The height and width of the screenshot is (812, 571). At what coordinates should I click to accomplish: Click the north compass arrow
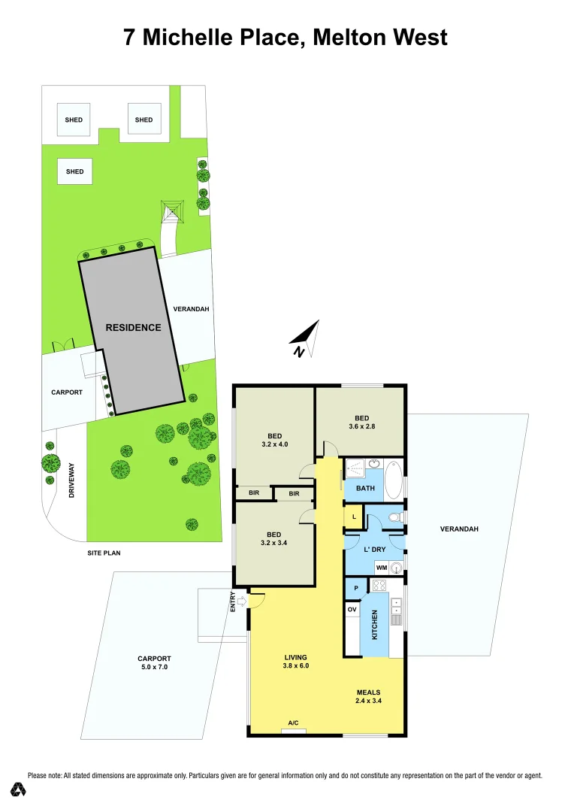[306, 339]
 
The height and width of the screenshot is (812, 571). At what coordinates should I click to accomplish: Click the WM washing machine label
[381, 568]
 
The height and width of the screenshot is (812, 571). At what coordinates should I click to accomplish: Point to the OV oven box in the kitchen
[352, 609]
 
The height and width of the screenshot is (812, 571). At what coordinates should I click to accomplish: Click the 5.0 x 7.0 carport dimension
[154, 667]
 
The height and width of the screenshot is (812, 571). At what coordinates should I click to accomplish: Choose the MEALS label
[368, 692]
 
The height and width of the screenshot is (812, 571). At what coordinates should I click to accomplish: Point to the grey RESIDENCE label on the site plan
[133, 328]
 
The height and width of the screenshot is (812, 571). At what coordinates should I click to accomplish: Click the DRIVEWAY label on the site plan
[72, 483]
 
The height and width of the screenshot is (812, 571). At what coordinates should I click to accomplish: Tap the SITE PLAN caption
[104, 553]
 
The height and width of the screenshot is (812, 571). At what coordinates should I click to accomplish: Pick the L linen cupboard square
[354, 517]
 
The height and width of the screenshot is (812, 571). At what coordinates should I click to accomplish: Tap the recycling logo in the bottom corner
[19, 789]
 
